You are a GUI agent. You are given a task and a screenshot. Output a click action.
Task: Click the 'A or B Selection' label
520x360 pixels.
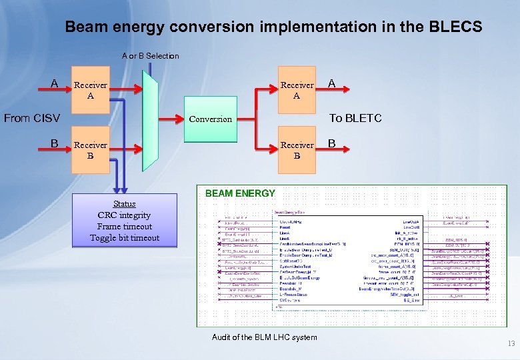point(150,56)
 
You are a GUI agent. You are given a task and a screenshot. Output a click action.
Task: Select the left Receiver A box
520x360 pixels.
point(90,90)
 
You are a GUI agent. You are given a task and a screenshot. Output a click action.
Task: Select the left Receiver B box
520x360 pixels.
point(90,150)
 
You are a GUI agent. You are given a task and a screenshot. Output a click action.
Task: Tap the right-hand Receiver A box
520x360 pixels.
point(297,90)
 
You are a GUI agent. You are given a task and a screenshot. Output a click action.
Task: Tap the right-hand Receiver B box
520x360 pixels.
point(297,150)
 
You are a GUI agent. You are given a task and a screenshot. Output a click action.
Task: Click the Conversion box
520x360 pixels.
point(210,119)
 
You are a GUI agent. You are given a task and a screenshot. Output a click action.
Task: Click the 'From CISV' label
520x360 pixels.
point(32,119)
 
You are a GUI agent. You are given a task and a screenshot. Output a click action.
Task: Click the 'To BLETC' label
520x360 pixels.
point(355,119)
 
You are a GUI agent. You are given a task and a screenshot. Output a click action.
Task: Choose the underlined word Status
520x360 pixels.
point(125,204)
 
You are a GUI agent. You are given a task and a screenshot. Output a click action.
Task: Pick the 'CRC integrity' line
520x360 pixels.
point(125,215)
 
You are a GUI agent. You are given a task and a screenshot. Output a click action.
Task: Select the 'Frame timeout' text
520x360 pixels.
point(125,227)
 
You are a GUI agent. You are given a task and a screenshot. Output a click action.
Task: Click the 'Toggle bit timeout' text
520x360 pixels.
point(125,238)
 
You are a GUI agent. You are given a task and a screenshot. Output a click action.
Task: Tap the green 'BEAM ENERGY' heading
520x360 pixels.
point(240,193)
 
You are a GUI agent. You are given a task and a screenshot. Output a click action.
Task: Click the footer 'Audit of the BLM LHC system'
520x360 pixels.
point(265,337)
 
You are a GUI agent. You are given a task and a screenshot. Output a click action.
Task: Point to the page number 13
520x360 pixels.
point(511,344)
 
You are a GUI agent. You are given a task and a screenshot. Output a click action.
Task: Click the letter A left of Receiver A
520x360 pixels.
point(55,83)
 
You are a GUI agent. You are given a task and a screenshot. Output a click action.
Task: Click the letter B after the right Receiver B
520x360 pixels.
point(331,143)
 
